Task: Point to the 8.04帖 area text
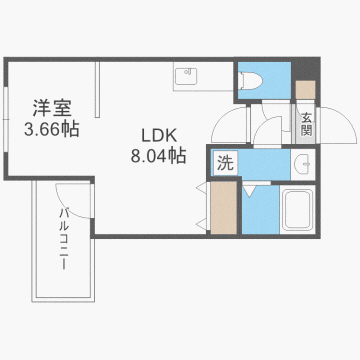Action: coord(158,156)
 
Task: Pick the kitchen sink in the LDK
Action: coord(185,75)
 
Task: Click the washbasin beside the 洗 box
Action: coord(300,164)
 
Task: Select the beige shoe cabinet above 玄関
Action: coord(306,89)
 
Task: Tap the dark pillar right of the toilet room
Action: coord(305,67)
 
